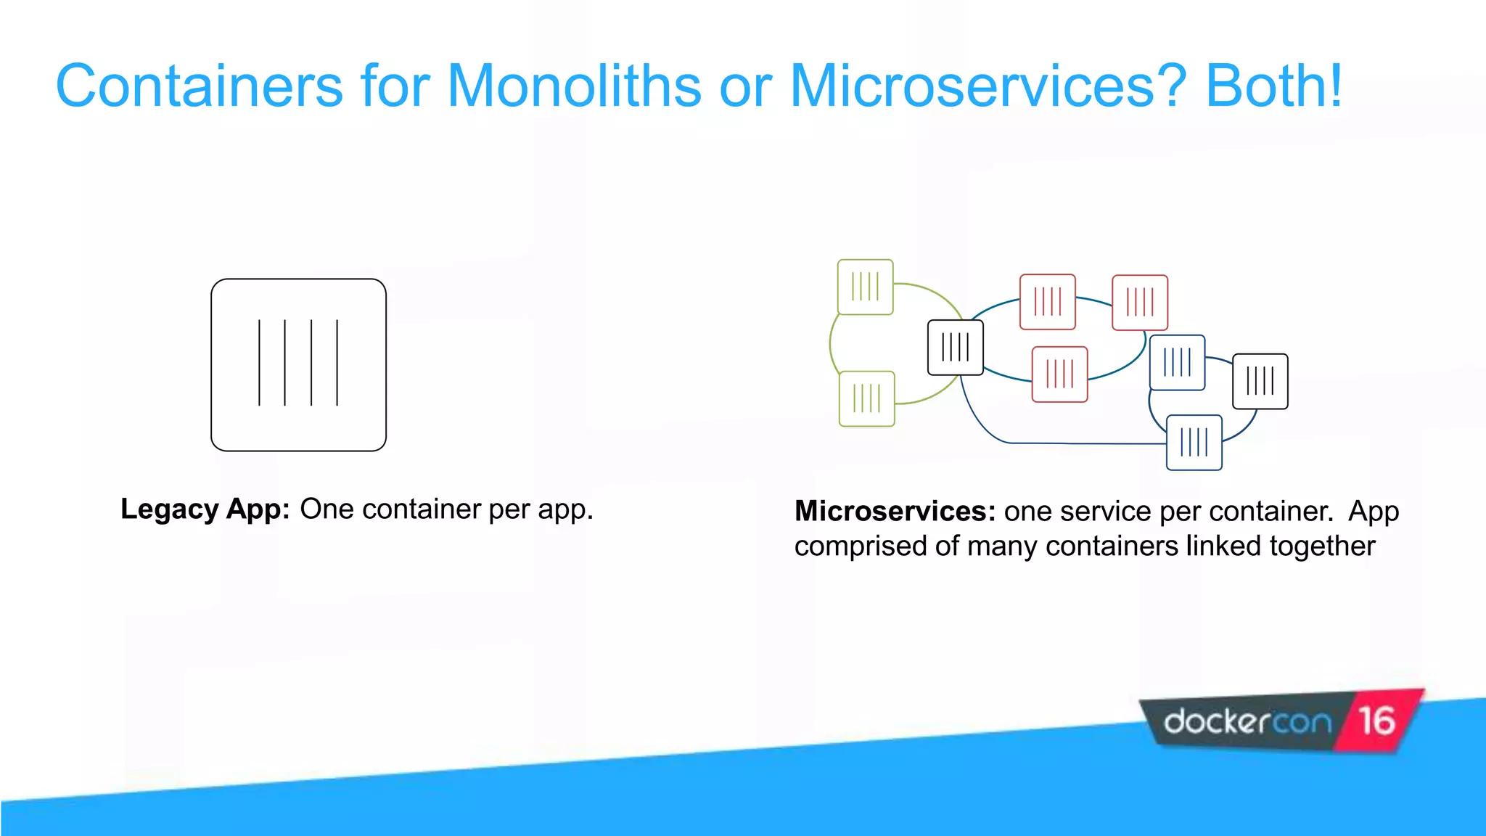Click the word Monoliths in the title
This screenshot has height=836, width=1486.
point(573,86)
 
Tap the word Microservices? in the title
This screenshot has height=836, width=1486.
point(987,86)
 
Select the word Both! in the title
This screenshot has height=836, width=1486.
point(1273,86)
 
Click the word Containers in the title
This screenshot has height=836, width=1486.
point(199,86)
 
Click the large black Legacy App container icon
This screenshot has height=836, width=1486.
point(298,364)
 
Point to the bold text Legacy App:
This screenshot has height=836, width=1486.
point(205,509)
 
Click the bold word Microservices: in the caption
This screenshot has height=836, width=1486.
point(895,511)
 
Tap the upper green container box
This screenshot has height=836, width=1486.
point(865,287)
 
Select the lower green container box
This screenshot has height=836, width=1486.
point(866,398)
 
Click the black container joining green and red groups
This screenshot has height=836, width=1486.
point(955,348)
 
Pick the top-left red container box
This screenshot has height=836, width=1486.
point(1047,301)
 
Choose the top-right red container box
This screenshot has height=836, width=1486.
point(1139,302)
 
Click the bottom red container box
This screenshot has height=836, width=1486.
point(1059,374)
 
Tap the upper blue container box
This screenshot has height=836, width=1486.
point(1177,362)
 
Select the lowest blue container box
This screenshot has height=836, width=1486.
point(1194,442)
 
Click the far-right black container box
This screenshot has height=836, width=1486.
point(1260,381)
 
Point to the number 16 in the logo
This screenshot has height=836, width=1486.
point(1376,721)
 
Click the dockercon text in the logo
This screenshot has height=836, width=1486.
point(1247,722)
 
